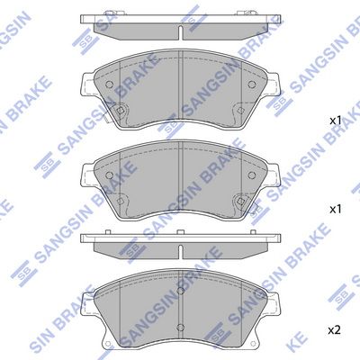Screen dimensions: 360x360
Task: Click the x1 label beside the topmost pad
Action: [335, 120]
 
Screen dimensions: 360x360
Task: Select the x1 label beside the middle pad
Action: [335, 208]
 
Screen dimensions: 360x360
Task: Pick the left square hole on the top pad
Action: [120, 111]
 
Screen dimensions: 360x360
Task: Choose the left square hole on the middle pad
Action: [120, 199]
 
